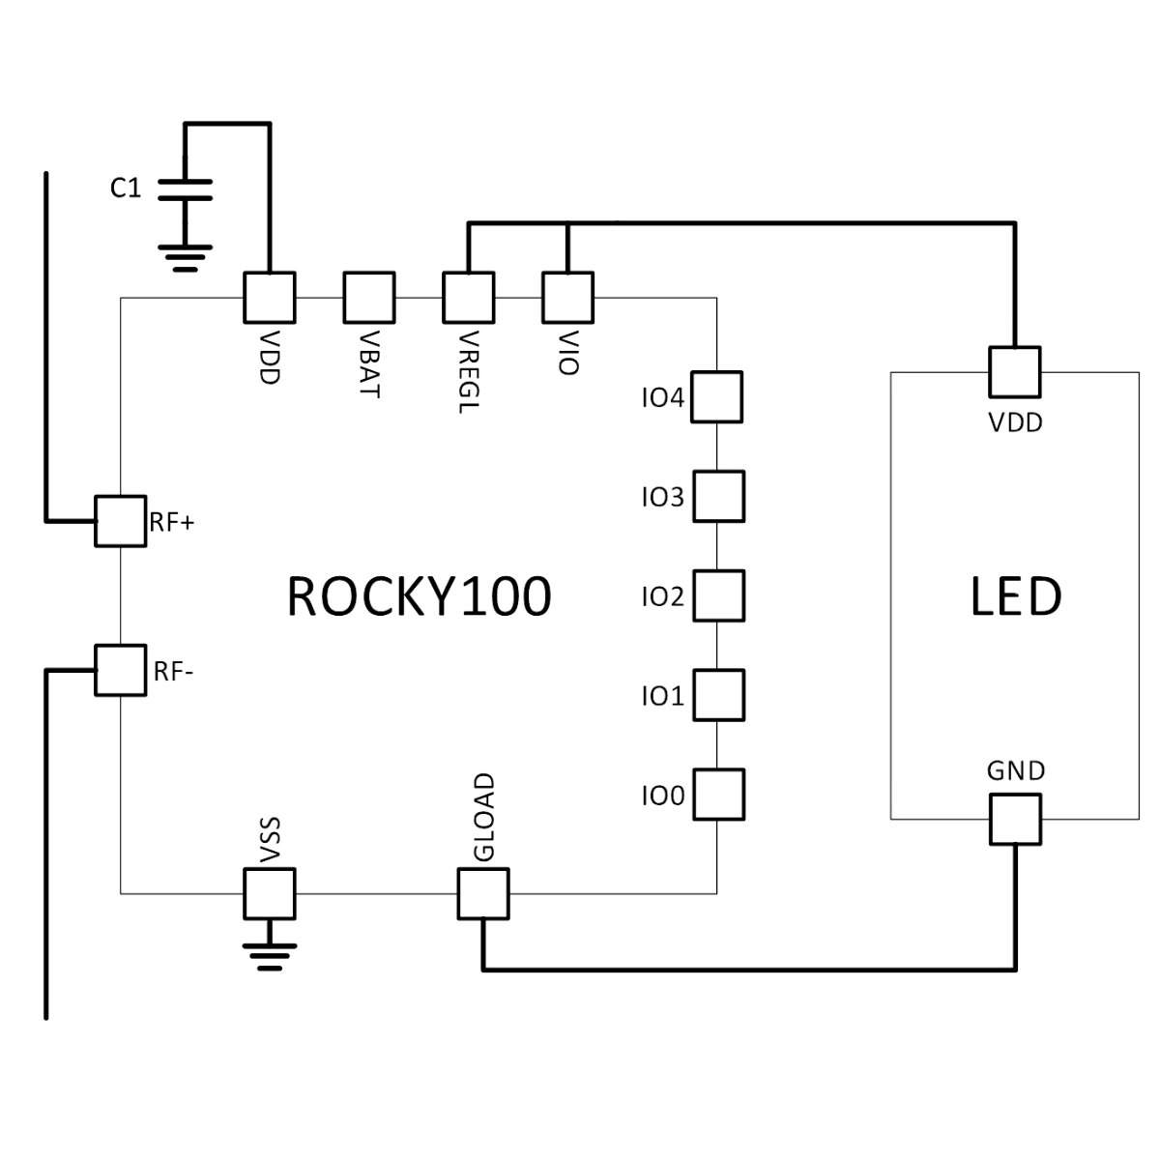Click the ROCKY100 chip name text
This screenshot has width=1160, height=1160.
pos(420,596)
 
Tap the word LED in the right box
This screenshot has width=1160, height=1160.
pos(1015,596)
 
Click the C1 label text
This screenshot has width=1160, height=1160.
pos(126,188)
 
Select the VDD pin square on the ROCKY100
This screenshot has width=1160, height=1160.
pos(271,296)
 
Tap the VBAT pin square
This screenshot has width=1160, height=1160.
pos(369,296)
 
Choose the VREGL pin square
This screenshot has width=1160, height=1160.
pos(469,296)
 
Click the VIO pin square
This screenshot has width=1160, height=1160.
pos(567,296)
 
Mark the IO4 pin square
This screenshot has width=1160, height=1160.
pos(718,396)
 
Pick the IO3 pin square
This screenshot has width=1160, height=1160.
pos(718,497)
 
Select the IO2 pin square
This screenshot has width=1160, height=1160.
pos(718,595)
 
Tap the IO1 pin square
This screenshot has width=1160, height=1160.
pos(718,695)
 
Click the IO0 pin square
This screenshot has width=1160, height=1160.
pos(718,795)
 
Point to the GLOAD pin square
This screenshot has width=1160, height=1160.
pos(482,891)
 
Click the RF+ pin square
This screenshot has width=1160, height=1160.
pos(121,521)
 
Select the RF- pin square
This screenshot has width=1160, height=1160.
pos(121,669)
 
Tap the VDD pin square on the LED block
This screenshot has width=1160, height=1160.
pos(1015,371)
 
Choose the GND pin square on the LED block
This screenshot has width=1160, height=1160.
pos(1015,818)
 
